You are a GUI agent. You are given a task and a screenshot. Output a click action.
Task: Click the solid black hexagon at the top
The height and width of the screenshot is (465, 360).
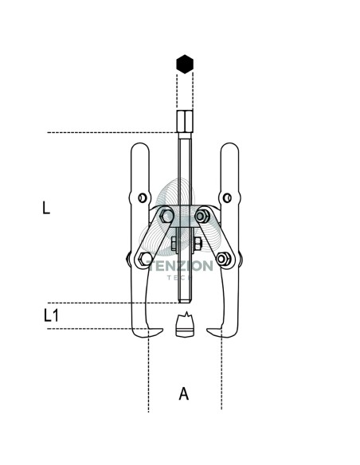[x=185, y=64]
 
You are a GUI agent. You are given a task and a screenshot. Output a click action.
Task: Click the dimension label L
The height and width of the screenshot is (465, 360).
[x=46, y=208]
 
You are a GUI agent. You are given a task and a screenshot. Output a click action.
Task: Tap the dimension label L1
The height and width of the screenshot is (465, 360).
[x=51, y=315]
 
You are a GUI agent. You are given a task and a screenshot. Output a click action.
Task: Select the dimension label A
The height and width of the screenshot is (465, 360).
[x=184, y=393]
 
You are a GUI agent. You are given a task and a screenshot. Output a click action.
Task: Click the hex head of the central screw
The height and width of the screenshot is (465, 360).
[x=185, y=121]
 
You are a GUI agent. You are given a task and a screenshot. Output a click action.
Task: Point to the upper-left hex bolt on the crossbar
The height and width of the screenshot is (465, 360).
[x=166, y=216]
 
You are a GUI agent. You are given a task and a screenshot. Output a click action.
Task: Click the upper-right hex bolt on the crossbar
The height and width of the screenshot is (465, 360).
[x=203, y=216]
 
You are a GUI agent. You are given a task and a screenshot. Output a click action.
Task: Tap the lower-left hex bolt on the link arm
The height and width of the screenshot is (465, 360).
[x=145, y=259]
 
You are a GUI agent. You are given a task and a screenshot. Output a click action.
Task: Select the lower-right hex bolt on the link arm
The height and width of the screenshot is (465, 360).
[x=224, y=259]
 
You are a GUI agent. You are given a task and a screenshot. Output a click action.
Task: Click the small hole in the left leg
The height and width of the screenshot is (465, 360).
[x=143, y=197]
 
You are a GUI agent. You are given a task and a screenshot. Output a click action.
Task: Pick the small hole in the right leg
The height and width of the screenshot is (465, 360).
[x=227, y=197]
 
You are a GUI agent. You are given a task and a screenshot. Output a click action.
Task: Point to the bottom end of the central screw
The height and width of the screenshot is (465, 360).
[x=185, y=302]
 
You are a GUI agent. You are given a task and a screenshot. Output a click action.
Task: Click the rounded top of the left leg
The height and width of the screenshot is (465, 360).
[x=140, y=144]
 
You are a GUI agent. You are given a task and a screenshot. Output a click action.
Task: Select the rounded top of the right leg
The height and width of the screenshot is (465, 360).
[x=229, y=144]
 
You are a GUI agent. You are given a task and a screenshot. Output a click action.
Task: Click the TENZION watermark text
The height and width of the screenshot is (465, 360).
[x=180, y=266]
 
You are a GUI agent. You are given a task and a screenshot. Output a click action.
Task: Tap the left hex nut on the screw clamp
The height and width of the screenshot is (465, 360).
[x=174, y=244]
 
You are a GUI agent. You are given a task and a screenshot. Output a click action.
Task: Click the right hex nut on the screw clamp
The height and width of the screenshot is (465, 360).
[x=198, y=243]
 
